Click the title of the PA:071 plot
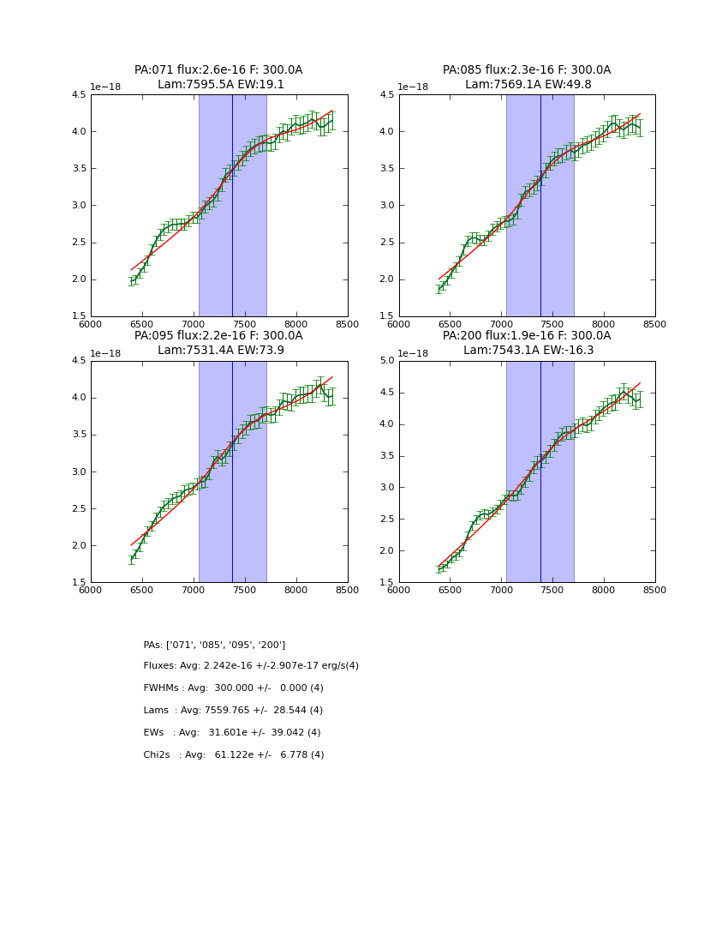point(218,70)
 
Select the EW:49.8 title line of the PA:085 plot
point(528,85)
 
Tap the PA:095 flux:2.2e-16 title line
point(218,336)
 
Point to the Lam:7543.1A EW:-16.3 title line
point(528,350)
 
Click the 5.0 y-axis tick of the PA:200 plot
point(386,361)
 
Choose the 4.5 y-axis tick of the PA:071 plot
point(78,95)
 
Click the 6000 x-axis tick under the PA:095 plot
point(91,590)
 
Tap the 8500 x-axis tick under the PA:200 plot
point(655,590)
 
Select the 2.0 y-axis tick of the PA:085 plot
point(386,279)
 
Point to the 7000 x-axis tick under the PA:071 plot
point(194,324)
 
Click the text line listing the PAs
point(214,645)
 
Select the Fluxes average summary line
point(251,666)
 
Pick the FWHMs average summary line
point(233,688)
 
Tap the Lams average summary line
point(233,711)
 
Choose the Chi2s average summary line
point(234,755)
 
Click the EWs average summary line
point(232,733)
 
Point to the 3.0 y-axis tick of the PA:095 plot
point(78,472)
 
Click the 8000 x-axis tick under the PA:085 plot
point(604,324)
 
